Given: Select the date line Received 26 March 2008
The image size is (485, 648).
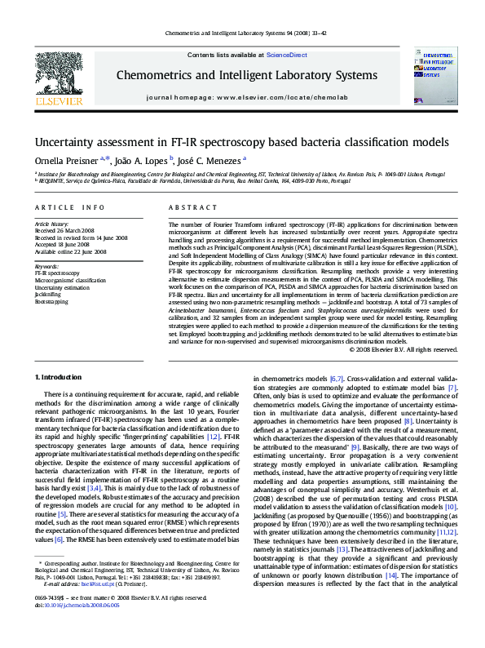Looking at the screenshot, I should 71,230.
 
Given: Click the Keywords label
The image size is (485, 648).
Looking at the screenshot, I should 46,266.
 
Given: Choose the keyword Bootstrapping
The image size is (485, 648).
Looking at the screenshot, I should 53,301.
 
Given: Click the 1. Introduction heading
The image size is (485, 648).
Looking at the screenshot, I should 61,377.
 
